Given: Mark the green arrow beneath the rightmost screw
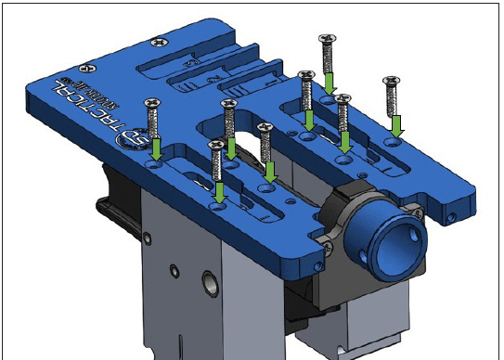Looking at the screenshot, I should pos(397,124).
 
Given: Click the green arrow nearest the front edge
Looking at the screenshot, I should pos(220,191).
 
